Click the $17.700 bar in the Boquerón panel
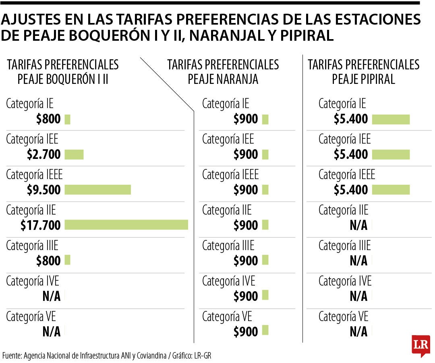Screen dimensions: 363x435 click(126, 225)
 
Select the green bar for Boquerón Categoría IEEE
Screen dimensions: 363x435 click(97, 190)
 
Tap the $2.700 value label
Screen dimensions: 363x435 click(44, 154)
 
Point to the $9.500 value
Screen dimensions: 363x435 click(44, 190)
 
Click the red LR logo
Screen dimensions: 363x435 click(420, 345)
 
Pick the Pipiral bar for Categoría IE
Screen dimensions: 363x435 click(391, 119)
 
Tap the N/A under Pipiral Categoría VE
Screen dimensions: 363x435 click(358, 332)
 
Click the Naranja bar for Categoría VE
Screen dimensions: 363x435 click(265, 331)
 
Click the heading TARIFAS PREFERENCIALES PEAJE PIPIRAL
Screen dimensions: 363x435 click(363, 72)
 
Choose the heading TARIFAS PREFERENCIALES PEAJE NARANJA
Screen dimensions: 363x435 click(223, 72)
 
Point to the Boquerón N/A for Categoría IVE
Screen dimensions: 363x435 click(52, 296)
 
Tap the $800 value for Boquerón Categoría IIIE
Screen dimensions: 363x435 click(48, 261)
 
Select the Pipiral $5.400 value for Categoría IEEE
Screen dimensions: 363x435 click(351, 190)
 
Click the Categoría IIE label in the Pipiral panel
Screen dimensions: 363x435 click(343, 210)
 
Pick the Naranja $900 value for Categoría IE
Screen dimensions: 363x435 click(246, 119)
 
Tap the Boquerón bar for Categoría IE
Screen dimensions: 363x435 click(67, 119)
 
